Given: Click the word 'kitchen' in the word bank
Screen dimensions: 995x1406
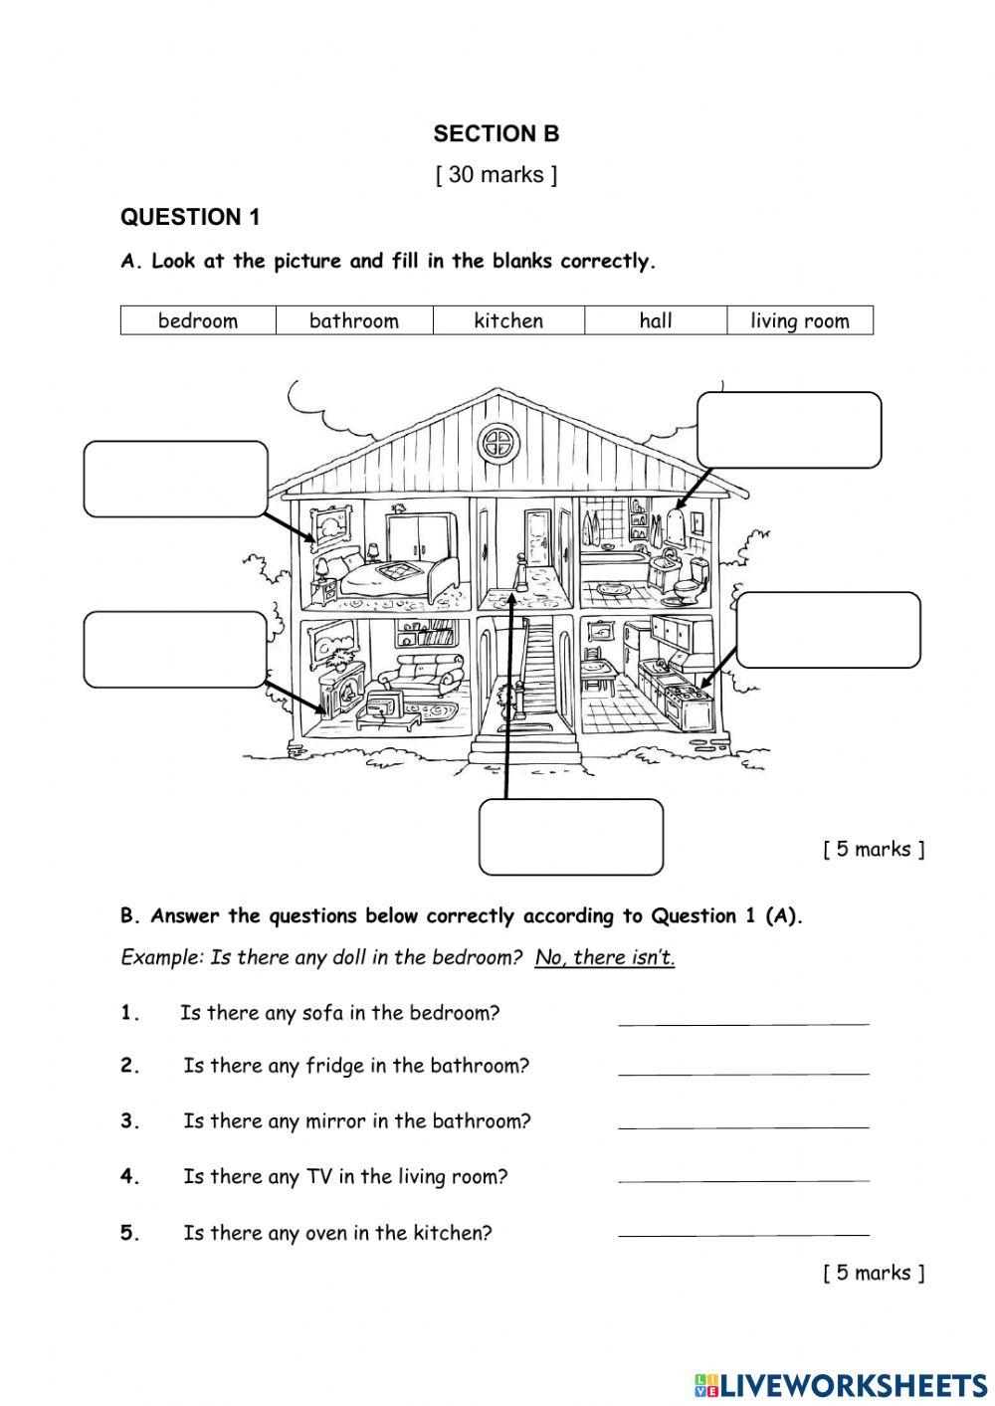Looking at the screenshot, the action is [x=508, y=320].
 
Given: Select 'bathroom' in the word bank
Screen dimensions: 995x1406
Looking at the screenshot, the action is [x=354, y=320].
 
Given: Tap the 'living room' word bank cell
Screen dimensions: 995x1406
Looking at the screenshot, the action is [x=800, y=320].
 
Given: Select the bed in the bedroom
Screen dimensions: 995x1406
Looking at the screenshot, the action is [x=388, y=577].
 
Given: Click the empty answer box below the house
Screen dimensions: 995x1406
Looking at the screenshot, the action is [x=571, y=837].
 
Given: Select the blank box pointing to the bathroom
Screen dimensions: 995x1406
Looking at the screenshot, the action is [x=789, y=430].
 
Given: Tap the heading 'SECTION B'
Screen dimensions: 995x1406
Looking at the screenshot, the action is [x=497, y=133].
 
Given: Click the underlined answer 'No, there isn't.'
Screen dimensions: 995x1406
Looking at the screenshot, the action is [x=605, y=957].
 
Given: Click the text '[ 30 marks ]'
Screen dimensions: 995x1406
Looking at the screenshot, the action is [x=497, y=175].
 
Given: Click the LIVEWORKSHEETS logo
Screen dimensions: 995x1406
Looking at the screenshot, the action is [x=840, y=1384].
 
